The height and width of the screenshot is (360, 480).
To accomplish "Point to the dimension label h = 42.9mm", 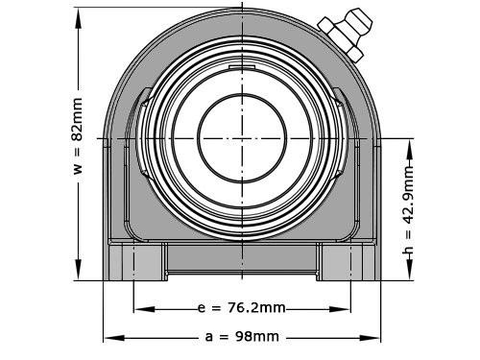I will [x=409, y=212].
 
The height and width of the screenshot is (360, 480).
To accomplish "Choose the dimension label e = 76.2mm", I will [x=240, y=309].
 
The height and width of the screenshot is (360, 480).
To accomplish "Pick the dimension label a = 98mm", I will [x=242, y=336].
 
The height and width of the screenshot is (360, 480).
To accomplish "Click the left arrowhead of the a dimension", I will [x=108, y=337].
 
